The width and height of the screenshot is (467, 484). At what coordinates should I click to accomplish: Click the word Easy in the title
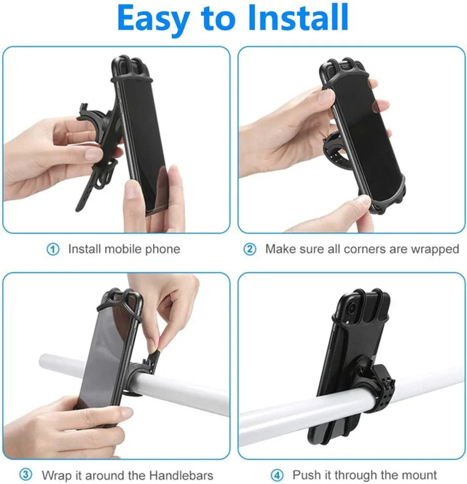pos(153,19)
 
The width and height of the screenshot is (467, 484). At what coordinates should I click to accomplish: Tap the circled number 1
pos(53,249)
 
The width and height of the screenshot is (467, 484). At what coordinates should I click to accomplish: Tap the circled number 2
pos(250,249)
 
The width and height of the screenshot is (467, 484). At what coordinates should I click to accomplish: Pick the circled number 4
pos(277,475)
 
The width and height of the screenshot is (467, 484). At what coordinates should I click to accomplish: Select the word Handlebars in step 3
pos(181,475)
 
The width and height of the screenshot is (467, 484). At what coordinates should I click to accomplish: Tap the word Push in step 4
pos(305,475)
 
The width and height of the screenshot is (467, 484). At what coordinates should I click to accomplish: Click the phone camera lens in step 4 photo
pos(350,307)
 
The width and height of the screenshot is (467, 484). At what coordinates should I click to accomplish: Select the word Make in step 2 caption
pos(278,249)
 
